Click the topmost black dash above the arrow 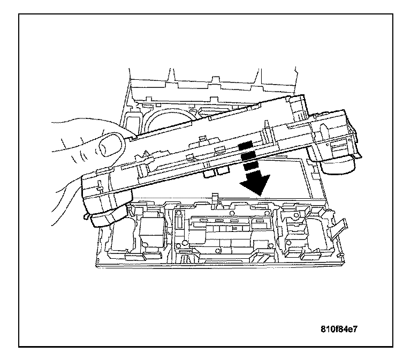(245, 146)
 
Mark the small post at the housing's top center (214, 200)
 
